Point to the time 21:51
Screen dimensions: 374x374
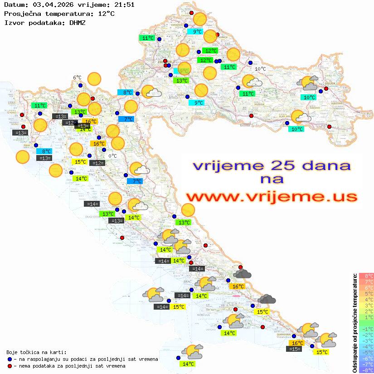[x=124, y=5]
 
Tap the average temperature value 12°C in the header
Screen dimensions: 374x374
[x=106, y=14]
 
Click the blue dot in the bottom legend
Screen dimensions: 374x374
[x=10, y=359]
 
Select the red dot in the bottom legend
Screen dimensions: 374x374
[x=10, y=366]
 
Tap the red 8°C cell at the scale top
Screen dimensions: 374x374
[x=366, y=276]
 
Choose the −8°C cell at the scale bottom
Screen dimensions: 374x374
[x=366, y=370]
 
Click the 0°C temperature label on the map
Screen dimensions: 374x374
[x=112, y=156]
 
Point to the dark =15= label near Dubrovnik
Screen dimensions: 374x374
[x=295, y=349]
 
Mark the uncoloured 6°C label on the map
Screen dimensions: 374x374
[x=77, y=78]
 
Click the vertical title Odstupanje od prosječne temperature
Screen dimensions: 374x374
[x=355, y=323]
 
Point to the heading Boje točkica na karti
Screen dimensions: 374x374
[x=36, y=352]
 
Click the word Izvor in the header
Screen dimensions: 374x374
[x=13, y=22]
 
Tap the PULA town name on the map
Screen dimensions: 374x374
[x=28, y=146]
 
